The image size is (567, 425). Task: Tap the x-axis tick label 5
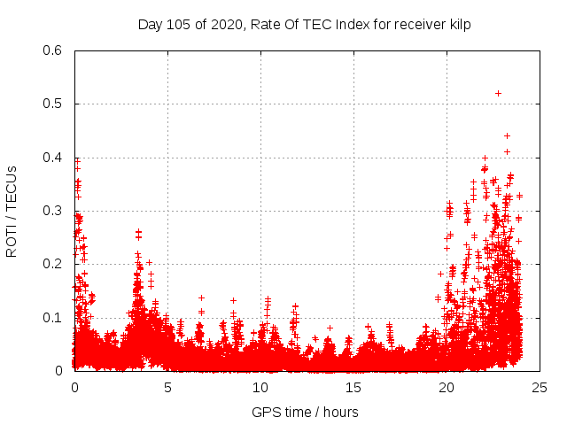167,387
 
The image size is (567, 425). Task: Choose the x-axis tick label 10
260,387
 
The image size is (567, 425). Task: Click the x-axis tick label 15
353,387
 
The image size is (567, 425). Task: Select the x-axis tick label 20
447,387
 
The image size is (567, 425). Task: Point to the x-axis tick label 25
540,387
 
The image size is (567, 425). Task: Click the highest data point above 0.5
498,93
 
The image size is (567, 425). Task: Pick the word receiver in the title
416,24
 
